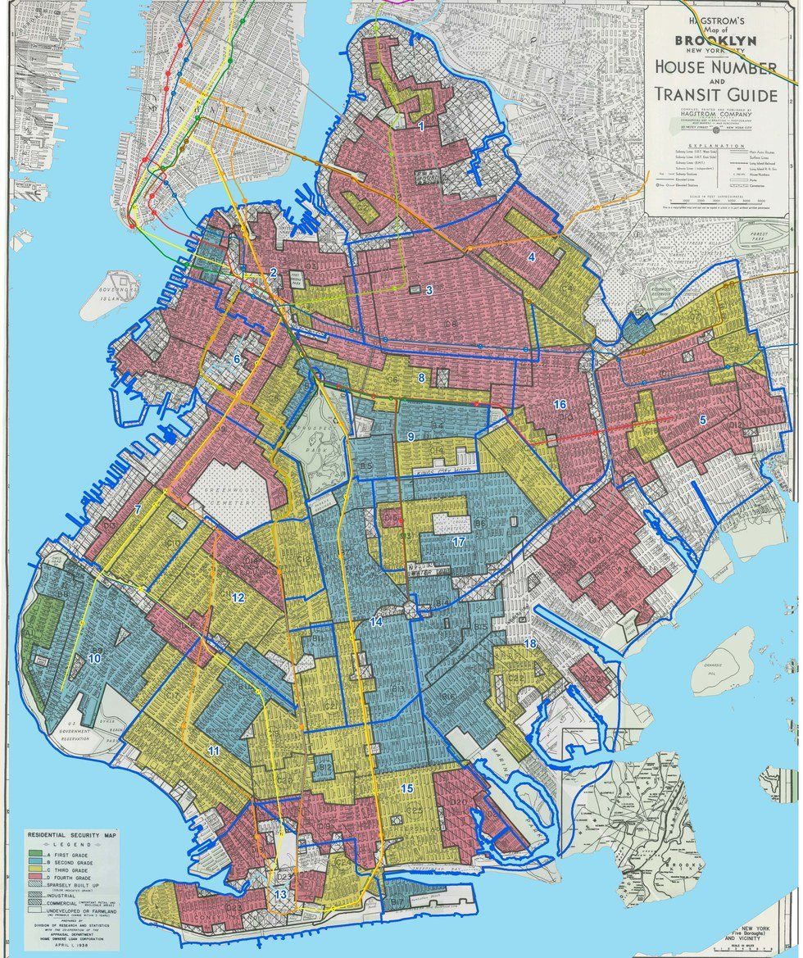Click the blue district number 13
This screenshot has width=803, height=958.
pos(281,895)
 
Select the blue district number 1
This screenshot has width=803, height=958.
pos(421,127)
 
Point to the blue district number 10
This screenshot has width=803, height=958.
pos(95,658)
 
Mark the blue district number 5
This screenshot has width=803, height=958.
pos(702,420)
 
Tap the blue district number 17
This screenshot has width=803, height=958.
pos(459,542)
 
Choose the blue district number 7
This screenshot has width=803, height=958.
pos(138,510)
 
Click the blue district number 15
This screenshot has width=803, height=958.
pos(406,788)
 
